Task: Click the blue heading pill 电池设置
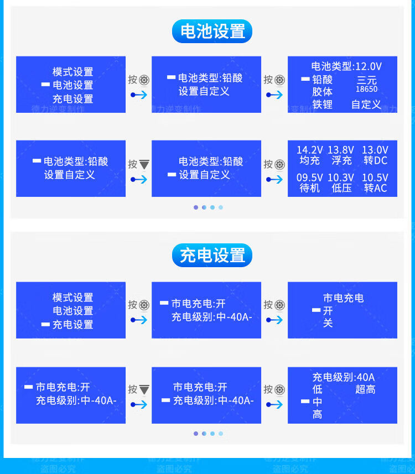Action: [x=212, y=32]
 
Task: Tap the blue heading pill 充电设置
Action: [x=212, y=256]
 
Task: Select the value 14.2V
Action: [x=309, y=150]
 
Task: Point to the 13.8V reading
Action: [x=341, y=150]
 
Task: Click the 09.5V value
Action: [x=309, y=178]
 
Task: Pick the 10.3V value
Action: [x=341, y=178]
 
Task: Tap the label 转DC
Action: [x=376, y=161]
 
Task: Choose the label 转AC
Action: [x=376, y=188]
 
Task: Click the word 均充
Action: [x=309, y=161]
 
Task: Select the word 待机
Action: [x=309, y=188]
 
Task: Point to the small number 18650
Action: [x=366, y=89]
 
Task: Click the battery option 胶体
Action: [x=322, y=92]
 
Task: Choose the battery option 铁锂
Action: [x=322, y=105]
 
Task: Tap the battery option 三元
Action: [x=367, y=80]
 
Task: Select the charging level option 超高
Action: [x=365, y=389]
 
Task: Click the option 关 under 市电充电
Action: [x=328, y=323]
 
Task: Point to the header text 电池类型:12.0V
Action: [x=346, y=66]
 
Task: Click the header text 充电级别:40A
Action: [x=343, y=377]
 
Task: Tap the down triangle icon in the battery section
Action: [x=144, y=164]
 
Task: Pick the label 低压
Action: [x=341, y=188]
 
